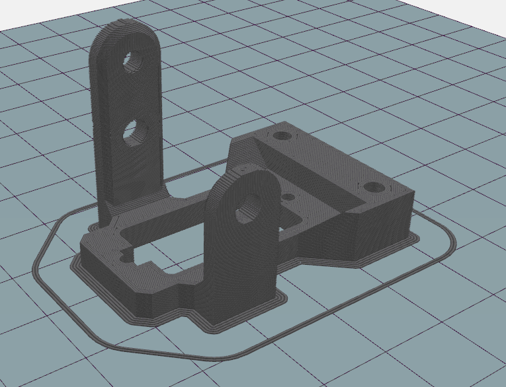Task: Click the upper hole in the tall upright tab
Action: click(x=136, y=60)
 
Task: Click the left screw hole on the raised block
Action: click(x=283, y=135)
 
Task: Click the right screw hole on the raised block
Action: click(x=375, y=186)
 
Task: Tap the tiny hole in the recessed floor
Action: click(x=288, y=196)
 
